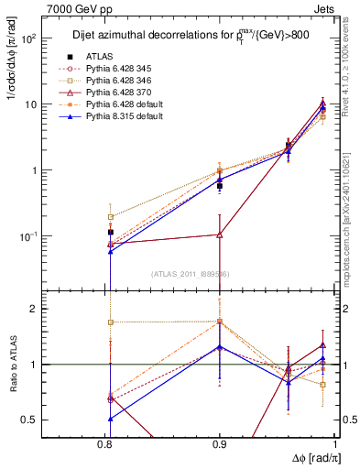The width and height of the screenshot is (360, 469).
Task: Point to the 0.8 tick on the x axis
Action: click(x=110, y=444)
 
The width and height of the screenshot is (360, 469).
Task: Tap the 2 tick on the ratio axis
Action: click(x=57, y=309)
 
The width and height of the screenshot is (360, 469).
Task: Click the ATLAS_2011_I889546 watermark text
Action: click(x=191, y=273)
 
